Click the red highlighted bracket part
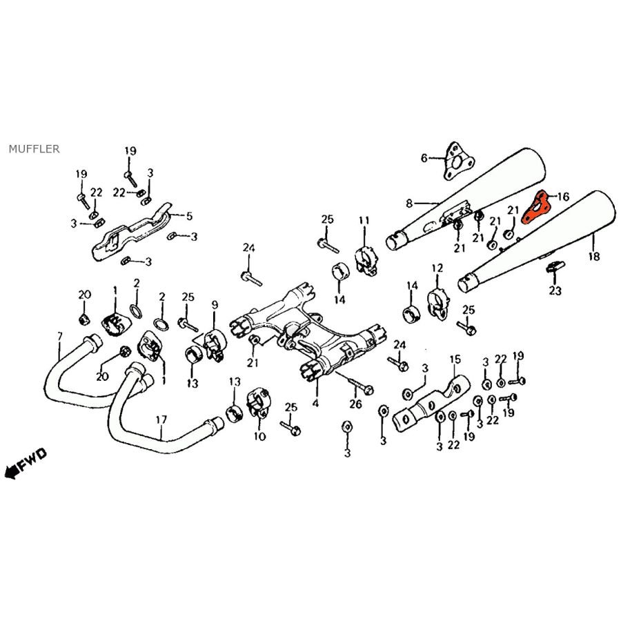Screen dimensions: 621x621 coord(535,209)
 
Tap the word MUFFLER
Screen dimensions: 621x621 coord(34,148)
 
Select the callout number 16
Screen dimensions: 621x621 coord(563,197)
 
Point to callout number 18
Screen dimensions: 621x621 coord(594,256)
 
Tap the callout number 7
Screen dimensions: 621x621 coord(60,336)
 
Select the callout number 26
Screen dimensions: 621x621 coord(355,404)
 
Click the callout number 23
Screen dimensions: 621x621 coord(555,291)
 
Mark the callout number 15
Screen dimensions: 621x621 coord(454,359)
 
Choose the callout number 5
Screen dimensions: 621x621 coord(189,215)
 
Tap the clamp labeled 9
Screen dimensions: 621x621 coord(210,342)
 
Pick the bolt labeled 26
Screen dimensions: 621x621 coord(359,384)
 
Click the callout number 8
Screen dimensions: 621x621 coord(409,203)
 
